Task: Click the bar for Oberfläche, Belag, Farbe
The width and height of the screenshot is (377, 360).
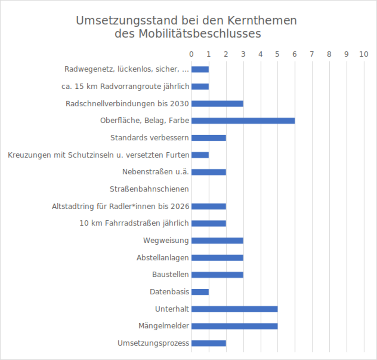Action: [243, 121]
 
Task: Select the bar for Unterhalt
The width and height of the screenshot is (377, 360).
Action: [235, 309]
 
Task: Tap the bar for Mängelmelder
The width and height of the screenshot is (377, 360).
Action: [235, 326]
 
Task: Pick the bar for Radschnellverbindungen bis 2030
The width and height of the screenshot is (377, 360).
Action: [217, 103]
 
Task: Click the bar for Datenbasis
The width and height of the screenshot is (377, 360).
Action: [200, 292]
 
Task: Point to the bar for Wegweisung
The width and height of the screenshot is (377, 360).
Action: [217, 241]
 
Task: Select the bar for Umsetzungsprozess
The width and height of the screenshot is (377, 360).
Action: [208, 343]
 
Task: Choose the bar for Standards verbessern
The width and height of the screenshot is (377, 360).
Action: [208, 138]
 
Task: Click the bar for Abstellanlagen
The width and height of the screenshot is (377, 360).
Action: [217, 258]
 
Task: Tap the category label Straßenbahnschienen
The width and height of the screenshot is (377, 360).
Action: [149, 189]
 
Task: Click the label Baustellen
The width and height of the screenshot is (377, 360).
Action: [170, 274]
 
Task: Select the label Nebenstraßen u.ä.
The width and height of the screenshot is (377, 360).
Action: [156, 172]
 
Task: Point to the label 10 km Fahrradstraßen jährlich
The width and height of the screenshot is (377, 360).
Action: [134, 223]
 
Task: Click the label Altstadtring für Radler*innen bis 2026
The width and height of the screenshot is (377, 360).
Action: [121, 206]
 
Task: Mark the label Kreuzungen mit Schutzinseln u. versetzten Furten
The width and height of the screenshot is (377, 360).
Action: [99, 155]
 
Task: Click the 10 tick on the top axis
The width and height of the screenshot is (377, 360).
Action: [364, 54]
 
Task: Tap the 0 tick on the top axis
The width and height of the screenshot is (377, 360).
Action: [191, 54]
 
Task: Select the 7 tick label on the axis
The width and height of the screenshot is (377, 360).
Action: [312, 54]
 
